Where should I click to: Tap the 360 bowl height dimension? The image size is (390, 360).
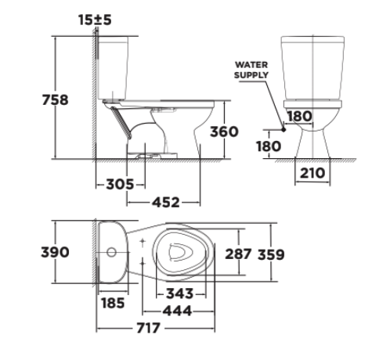tap(222, 131)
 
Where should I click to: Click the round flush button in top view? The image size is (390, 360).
tap(112, 253)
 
